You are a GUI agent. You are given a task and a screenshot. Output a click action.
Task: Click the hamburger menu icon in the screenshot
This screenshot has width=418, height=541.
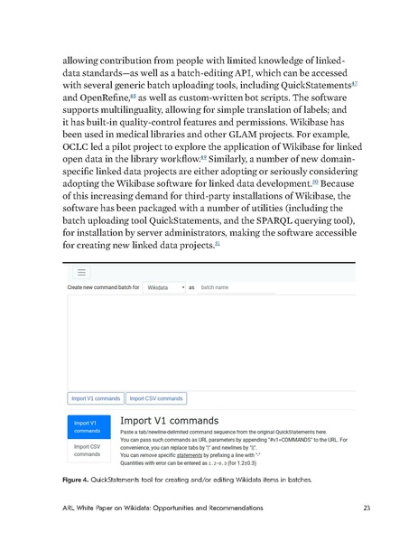(x=81, y=271)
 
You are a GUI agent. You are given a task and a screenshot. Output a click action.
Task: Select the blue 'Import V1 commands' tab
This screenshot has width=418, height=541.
(x=88, y=425)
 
